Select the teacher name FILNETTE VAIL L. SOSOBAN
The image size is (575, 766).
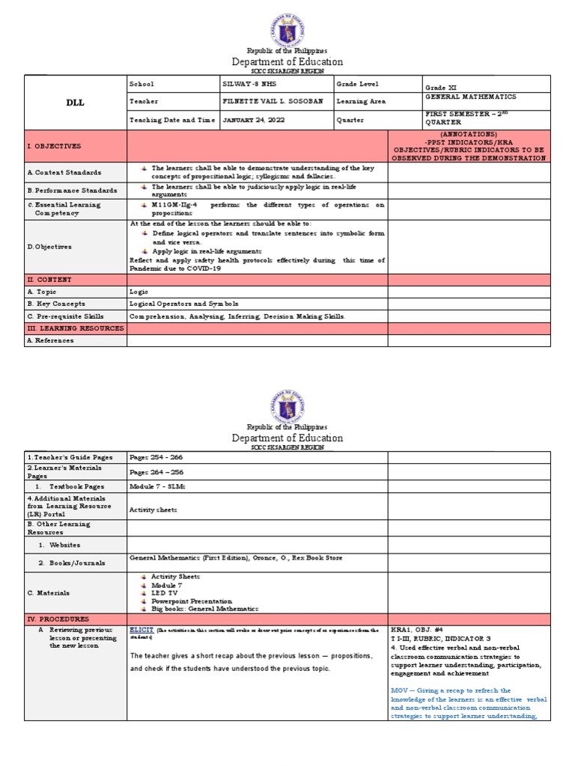268,102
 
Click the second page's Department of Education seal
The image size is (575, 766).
287,408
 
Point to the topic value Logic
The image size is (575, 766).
139,292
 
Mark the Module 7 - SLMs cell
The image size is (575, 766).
156,486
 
